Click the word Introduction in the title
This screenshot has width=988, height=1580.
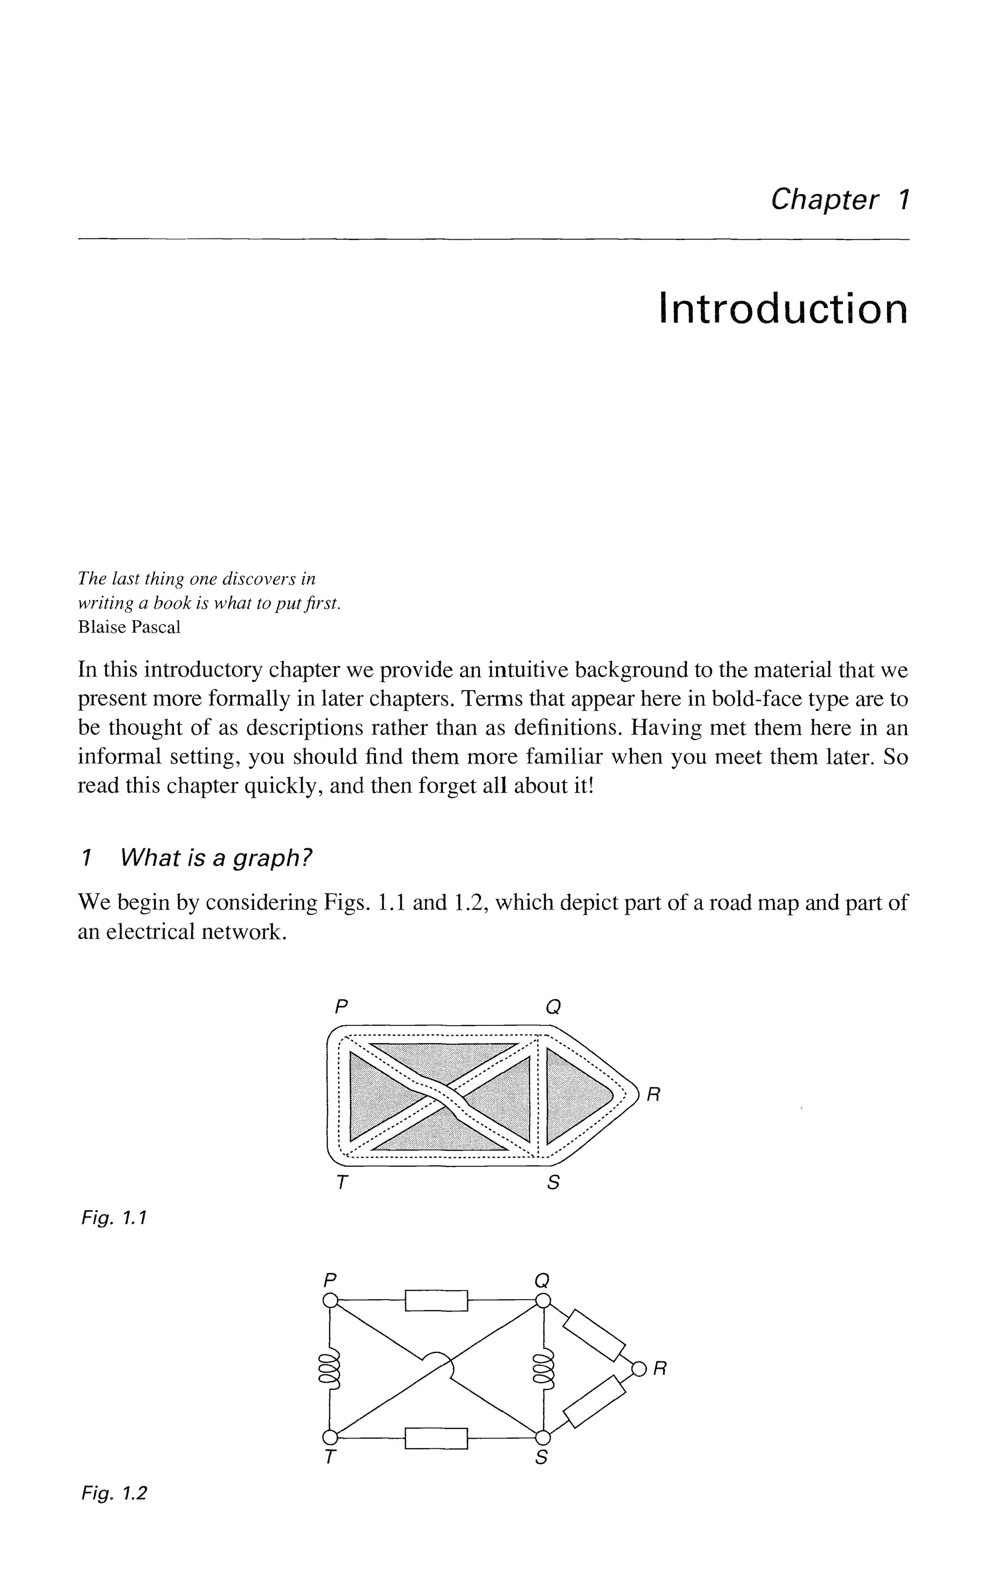coord(783,309)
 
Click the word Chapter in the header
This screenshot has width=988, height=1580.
coord(824,199)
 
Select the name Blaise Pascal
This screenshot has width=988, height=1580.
coord(129,627)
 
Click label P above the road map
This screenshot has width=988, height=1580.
coord(339,1007)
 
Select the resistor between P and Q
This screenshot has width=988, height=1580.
coord(437,1300)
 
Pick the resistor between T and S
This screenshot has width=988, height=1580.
coord(437,1438)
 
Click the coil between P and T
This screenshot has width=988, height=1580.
coord(330,1370)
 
